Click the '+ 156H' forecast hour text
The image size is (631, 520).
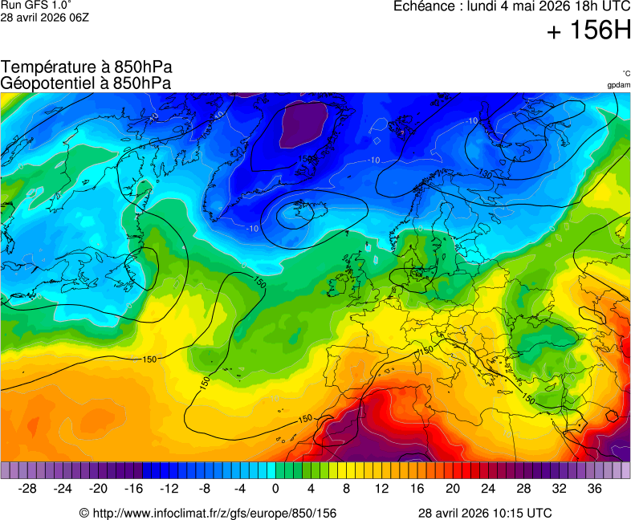click(588, 32)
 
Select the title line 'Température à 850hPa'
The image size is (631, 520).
click(86, 67)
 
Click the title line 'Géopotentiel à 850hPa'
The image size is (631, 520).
click(86, 83)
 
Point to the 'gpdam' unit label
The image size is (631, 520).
click(618, 84)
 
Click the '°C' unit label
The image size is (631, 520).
click(625, 73)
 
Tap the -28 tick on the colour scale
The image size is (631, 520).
click(28, 489)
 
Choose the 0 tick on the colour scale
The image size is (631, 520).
click(275, 489)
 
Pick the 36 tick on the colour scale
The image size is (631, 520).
click(594, 489)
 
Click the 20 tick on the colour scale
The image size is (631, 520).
click(452, 489)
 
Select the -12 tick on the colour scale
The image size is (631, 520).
click(169, 489)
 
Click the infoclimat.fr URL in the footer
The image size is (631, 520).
click(207, 513)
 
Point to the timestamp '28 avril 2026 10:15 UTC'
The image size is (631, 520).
click(485, 513)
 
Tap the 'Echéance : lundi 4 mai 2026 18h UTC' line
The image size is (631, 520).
click(511, 6)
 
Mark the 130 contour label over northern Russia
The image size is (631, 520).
click(485, 173)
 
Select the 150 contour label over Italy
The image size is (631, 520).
click(425, 351)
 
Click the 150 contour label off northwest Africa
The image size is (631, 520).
click(305, 418)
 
